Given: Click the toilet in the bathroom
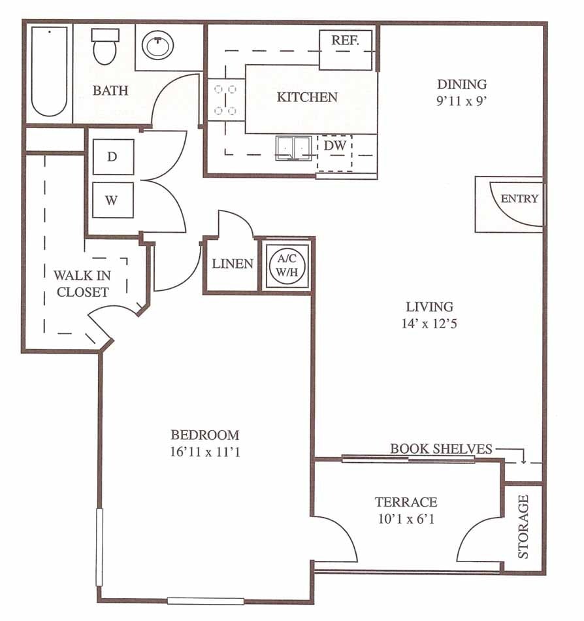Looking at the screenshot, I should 103,47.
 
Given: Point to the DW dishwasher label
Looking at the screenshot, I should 334,146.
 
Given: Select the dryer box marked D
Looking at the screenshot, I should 112,157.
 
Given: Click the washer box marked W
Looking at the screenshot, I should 112,200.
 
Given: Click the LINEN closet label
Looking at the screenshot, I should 233,264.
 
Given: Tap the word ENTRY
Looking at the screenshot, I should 519,199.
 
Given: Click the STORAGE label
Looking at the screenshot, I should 523,527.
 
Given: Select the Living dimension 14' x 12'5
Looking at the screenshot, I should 429,322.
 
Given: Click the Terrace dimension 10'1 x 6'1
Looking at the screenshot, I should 406,520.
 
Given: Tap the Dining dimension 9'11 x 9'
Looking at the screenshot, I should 462,101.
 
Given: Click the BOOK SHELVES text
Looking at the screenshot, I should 441,449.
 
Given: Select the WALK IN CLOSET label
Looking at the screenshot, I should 82,284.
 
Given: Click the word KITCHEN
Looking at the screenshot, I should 307,97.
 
